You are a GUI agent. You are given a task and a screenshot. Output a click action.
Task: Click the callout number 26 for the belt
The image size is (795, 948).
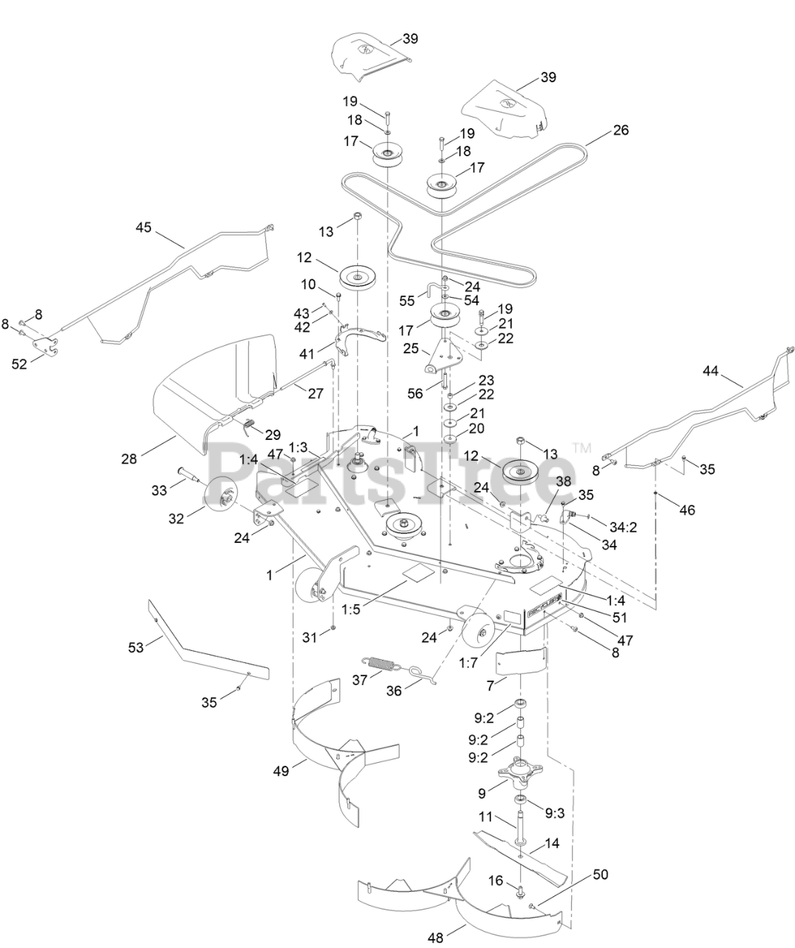[x=621, y=130]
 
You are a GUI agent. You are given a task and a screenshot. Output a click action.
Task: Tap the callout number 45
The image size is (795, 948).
[x=143, y=227]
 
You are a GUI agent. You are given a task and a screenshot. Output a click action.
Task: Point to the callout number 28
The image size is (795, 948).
[x=130, y=459]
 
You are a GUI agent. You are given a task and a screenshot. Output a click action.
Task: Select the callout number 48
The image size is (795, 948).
[x=436, y=938]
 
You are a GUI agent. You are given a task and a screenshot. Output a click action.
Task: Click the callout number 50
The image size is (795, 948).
[x=601, y=875]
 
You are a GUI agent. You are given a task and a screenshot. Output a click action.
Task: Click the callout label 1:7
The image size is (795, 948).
[x=468, y=664]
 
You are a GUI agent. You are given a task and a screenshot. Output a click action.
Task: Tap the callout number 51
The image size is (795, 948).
[x=619, y=616]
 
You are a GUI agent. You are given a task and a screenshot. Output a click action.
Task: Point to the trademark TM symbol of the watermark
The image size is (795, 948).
[x=582, y=447]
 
